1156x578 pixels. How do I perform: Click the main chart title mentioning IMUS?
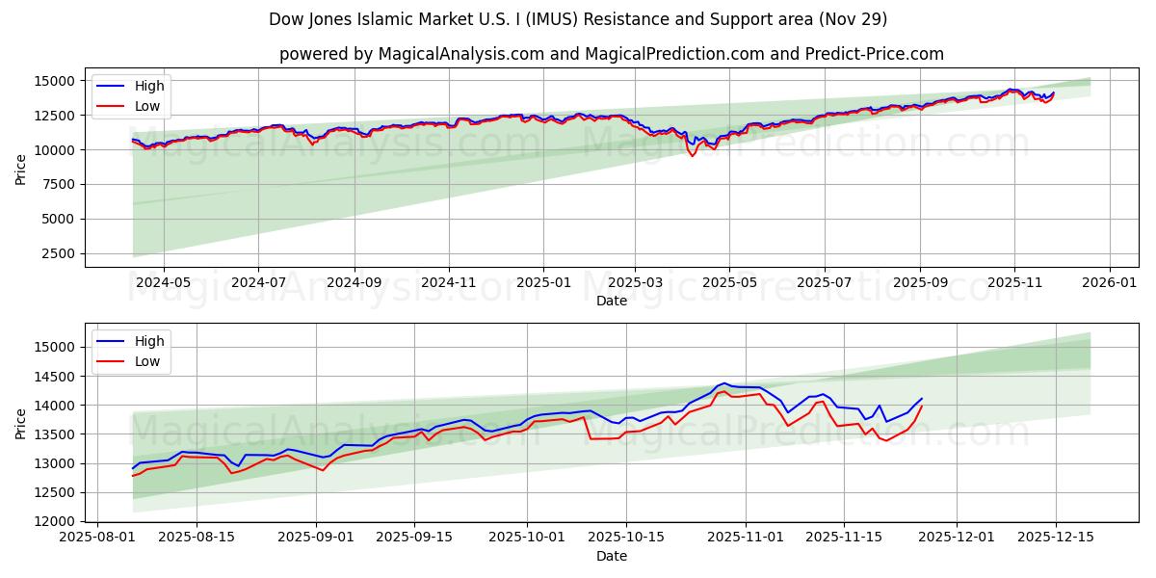coord(578,19)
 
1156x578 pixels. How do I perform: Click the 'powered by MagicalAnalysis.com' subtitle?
coord(611,54)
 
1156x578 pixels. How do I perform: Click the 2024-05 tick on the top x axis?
coord(163,282)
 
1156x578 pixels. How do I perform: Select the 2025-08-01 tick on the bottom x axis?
coord(96,538)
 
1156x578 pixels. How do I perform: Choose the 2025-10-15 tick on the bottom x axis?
coord(626,538)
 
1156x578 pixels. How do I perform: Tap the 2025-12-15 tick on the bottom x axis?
coord(1056,538)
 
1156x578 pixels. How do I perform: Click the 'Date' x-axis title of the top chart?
coord(611,301)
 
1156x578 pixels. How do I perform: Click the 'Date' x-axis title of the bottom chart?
coord(611,556)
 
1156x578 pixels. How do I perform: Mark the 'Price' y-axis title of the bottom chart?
coord(21,424)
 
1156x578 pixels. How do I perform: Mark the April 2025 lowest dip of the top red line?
coord(692,156)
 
